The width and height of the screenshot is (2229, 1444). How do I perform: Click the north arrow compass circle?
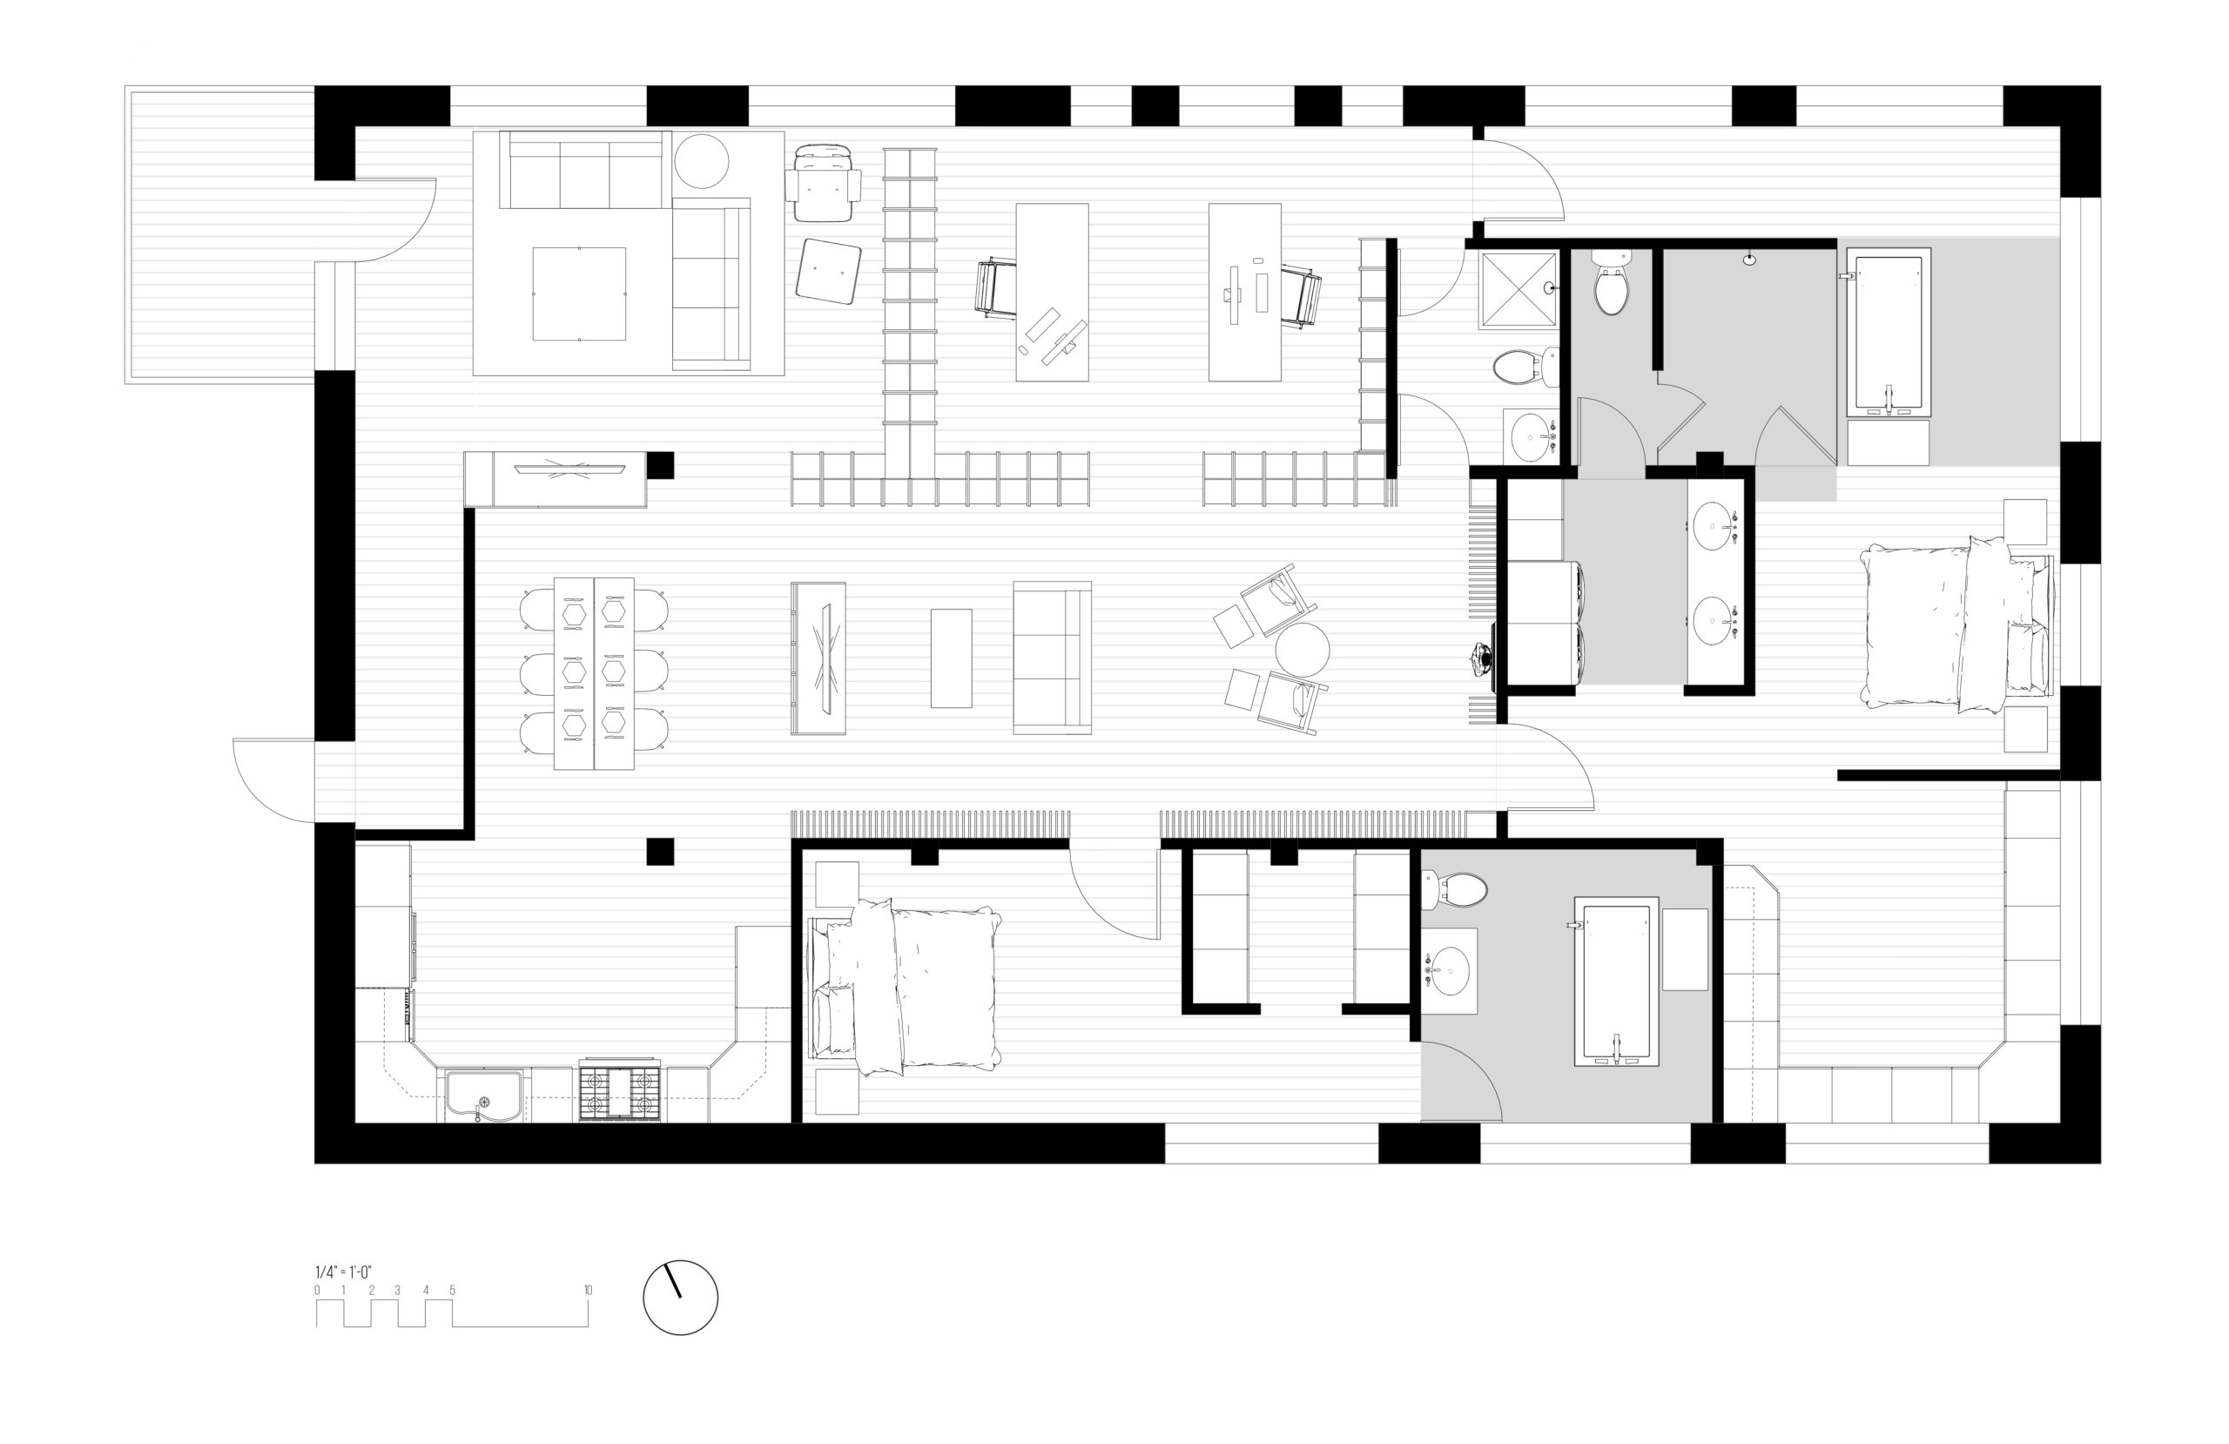(680, 1297)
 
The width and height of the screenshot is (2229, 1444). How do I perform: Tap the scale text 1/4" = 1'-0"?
(343, 1272)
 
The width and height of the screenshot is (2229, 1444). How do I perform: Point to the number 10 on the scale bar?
(587, 1291)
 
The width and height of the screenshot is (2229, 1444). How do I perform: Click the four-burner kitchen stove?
(618, 1090)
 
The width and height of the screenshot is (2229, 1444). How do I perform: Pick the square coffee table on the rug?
(579, 294)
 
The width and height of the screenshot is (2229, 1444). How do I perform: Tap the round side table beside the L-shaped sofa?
(702, 161)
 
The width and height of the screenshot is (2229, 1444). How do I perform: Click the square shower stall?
(1519, 289)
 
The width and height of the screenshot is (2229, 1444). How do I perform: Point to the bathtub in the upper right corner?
(1888, 332)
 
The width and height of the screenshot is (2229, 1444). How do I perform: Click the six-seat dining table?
(594, 673)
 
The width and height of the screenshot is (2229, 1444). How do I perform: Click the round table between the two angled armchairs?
(1302, 650)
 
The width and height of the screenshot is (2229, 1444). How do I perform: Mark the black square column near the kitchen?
(659, 850)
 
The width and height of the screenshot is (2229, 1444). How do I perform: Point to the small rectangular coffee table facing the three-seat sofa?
(951, 658)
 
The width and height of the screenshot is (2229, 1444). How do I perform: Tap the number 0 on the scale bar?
(317, 1291)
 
